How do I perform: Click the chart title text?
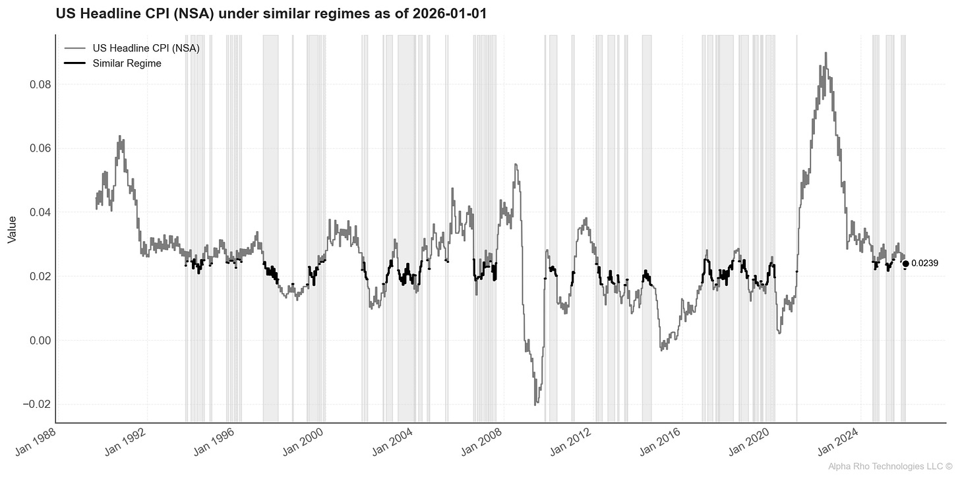[270, 13]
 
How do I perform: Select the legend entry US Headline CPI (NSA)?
[146, 48]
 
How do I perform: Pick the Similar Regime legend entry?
[127, 63]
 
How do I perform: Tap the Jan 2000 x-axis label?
[306, 440]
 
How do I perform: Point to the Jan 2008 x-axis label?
[485, 440]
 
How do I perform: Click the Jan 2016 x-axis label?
[663, 440]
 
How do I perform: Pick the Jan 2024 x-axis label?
[841, 440]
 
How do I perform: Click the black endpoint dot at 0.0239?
[905, 264]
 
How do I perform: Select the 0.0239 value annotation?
[924, 264]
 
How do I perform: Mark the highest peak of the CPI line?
[825, 53]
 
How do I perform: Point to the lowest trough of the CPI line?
[535, 404]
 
